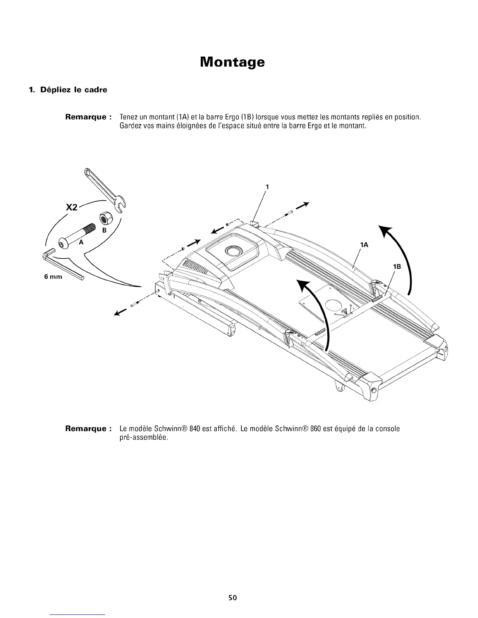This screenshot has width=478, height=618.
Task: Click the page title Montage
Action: pyautogui.click(x=232, y=62)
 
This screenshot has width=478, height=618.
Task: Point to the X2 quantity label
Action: pyautogui.click(x=71, y=208)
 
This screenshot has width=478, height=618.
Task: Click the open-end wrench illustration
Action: pyautogui.click(x=103, y=189)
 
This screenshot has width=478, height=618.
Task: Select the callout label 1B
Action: pyautogui.click(x=398, y=266)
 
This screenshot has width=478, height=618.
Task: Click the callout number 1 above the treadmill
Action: pyautogui.click(x=267, y=186)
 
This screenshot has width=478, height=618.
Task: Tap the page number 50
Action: pyautogui.click(x=233, y=597)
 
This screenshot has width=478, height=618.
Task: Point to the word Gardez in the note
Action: pyautogui.click(x=128, y=126)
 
